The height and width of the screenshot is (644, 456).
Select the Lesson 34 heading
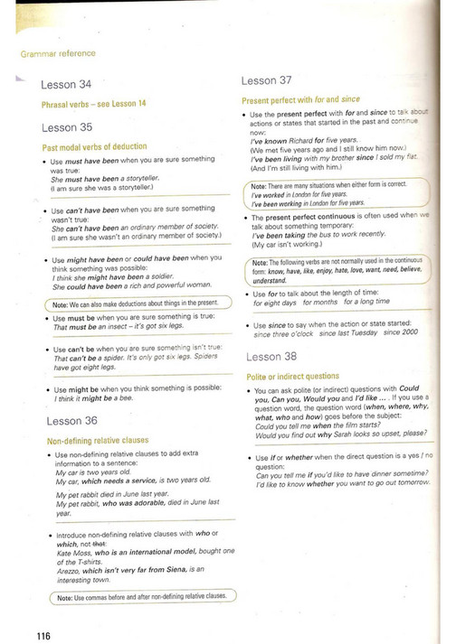tap(66, 85)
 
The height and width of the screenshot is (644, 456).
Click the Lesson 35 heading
tap(66, 127)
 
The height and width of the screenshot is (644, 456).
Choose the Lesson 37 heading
tap(266, 79)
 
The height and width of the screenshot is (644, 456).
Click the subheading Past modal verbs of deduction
tap(94, 146)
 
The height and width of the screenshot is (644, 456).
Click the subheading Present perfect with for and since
tap(300, 99)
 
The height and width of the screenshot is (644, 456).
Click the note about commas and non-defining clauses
tap(142, 597)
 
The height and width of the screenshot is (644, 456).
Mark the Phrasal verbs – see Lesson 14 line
tap(93, 104)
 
